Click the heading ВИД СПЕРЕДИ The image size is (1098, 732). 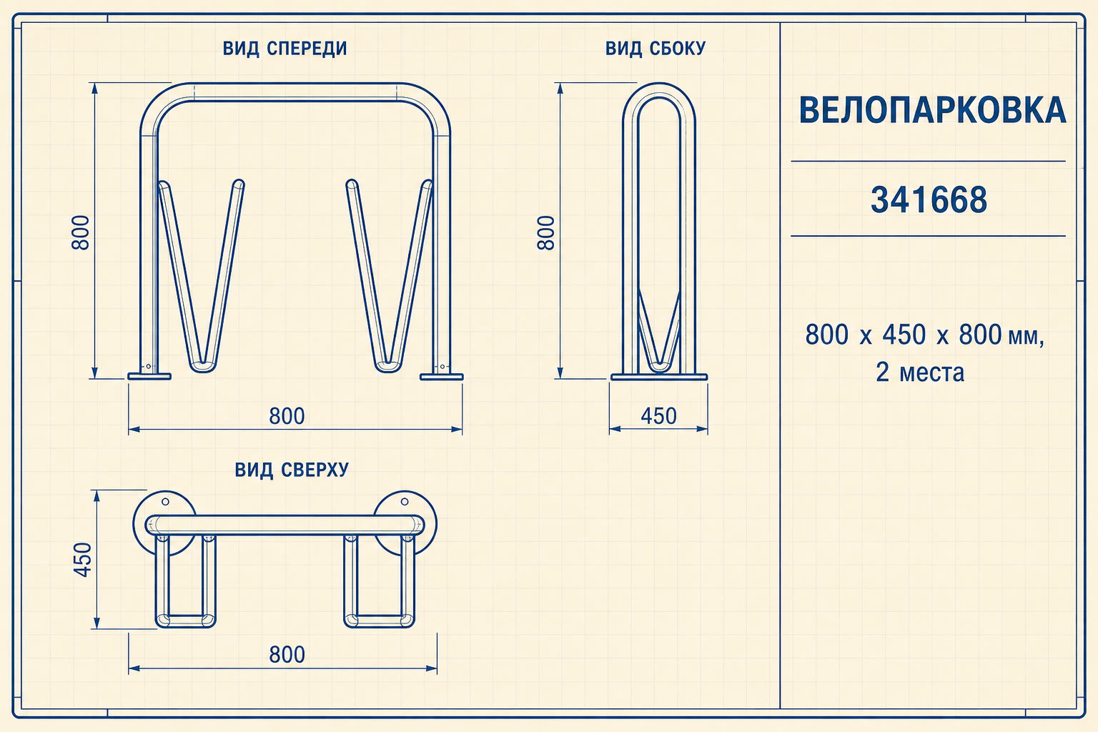tap(285, 49)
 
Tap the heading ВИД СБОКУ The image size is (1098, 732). tap(656, 49)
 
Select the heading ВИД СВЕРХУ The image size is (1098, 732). tap(292, 470)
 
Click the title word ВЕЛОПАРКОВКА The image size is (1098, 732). tap(932, 110)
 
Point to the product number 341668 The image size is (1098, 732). tap(929, 199)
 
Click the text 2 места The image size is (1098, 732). tap(920, 372)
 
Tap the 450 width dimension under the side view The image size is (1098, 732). tap(658, 416)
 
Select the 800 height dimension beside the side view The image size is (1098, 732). tap(546, 233)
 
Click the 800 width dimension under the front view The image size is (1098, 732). tap(287, 416)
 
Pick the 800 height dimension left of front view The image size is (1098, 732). tap(81, 233)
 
